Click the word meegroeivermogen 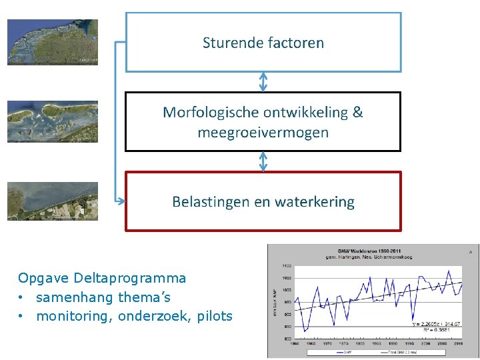click(x=263, y=132)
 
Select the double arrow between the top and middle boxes click(x=263, y=81)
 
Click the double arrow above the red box click(x=263, y=161)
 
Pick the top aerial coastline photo click(x=53, y=41)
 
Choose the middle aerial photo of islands click(x=53, y=121)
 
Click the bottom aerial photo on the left click(x=53, y=201)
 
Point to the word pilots click(x=214, y=316)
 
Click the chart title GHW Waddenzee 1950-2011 click(x=363, y=250)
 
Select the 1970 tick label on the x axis click(x=327, y=344)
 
